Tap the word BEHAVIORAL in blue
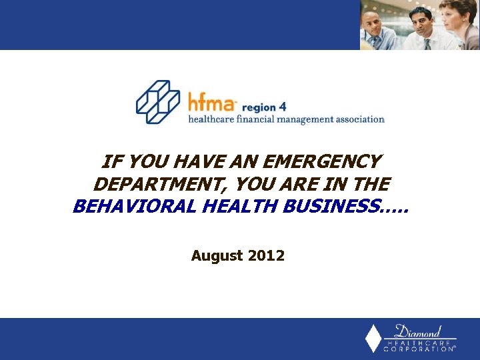(x=132, y=207)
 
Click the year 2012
(x=266, y=255)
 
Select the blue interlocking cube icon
(x=158, y=101)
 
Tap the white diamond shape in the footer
(x=374, y=339)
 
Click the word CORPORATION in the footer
(x=420, y=349)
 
